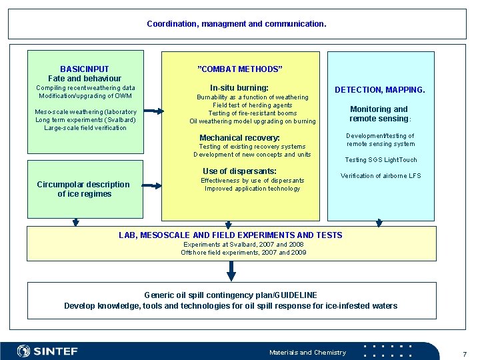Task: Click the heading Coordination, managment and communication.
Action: click(x=237, y=24)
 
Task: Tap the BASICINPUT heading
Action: click(x=85, y=69)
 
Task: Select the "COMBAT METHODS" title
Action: click(x=240, y=69)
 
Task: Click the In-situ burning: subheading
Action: click(x=239, y=88)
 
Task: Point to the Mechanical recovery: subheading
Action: click(x=240, y=138)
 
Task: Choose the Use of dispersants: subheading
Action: click(x=239, y=171)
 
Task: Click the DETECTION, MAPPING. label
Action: click(x=379, y=90)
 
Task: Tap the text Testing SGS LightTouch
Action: click(x=381, y=160)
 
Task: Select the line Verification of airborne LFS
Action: click(x=381, y=176)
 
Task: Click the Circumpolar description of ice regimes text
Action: click(x=83, y=189)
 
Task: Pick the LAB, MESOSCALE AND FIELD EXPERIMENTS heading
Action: click(x=231, y=235)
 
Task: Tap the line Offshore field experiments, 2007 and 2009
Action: click(x=243, y=253)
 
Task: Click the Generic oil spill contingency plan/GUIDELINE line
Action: click(x=231, y=295)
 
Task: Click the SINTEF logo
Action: click(x=47, y=351)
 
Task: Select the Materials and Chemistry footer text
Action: click(x=307, y=353)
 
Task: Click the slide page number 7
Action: click(x=465, y=354)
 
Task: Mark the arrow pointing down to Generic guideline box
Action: click(x=231, y=271)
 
